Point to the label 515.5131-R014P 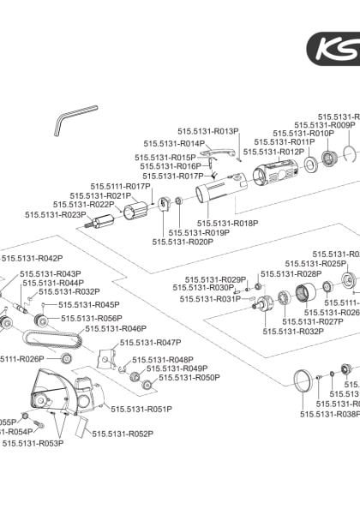[174, 144]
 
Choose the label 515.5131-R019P [199, 232]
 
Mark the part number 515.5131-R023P [55, 214]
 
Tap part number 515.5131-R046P [116, 328]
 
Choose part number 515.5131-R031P [210, 299]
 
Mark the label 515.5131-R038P [330, 413]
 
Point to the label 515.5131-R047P [151, 342]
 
